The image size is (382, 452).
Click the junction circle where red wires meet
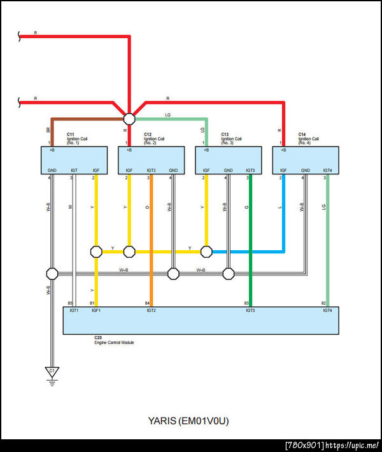tap(129, 118)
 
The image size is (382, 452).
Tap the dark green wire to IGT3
tap(251, 216)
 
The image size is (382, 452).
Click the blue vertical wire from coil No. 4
tap(283, 210)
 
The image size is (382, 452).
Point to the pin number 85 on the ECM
tap(71, 303)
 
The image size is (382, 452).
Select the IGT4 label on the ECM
tap(327, 310)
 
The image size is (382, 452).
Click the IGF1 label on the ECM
tap(96, 310)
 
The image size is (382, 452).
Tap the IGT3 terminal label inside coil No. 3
tap(250, 171)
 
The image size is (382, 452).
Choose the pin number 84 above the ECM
tap(147, 303)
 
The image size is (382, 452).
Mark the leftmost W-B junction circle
tap(52, 274)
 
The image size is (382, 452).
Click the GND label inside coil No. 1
tap(52, 171)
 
